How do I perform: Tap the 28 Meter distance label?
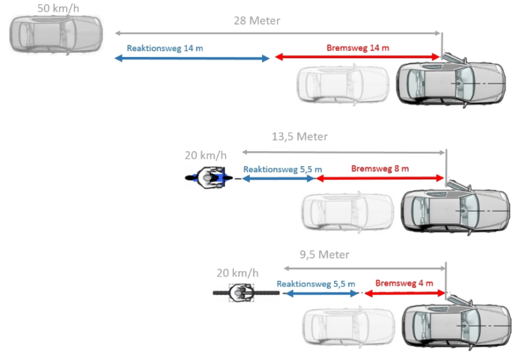click(257, 20)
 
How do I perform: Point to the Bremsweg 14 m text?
click(358, 48)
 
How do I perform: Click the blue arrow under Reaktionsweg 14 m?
click(192, 58)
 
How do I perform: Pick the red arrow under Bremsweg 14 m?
click(357, 58)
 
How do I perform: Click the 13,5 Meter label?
click(299, 137)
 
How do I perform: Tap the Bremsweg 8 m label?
click(380, 168)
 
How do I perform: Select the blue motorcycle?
click(208, 177)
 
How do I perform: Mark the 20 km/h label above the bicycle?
click(238, 273)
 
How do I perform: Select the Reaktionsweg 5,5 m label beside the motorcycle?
click(282, 169)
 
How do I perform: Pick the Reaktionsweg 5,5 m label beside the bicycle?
click(316, 284)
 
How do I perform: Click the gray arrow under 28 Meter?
click(278, 32)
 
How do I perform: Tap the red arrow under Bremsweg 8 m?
click(379, 178)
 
